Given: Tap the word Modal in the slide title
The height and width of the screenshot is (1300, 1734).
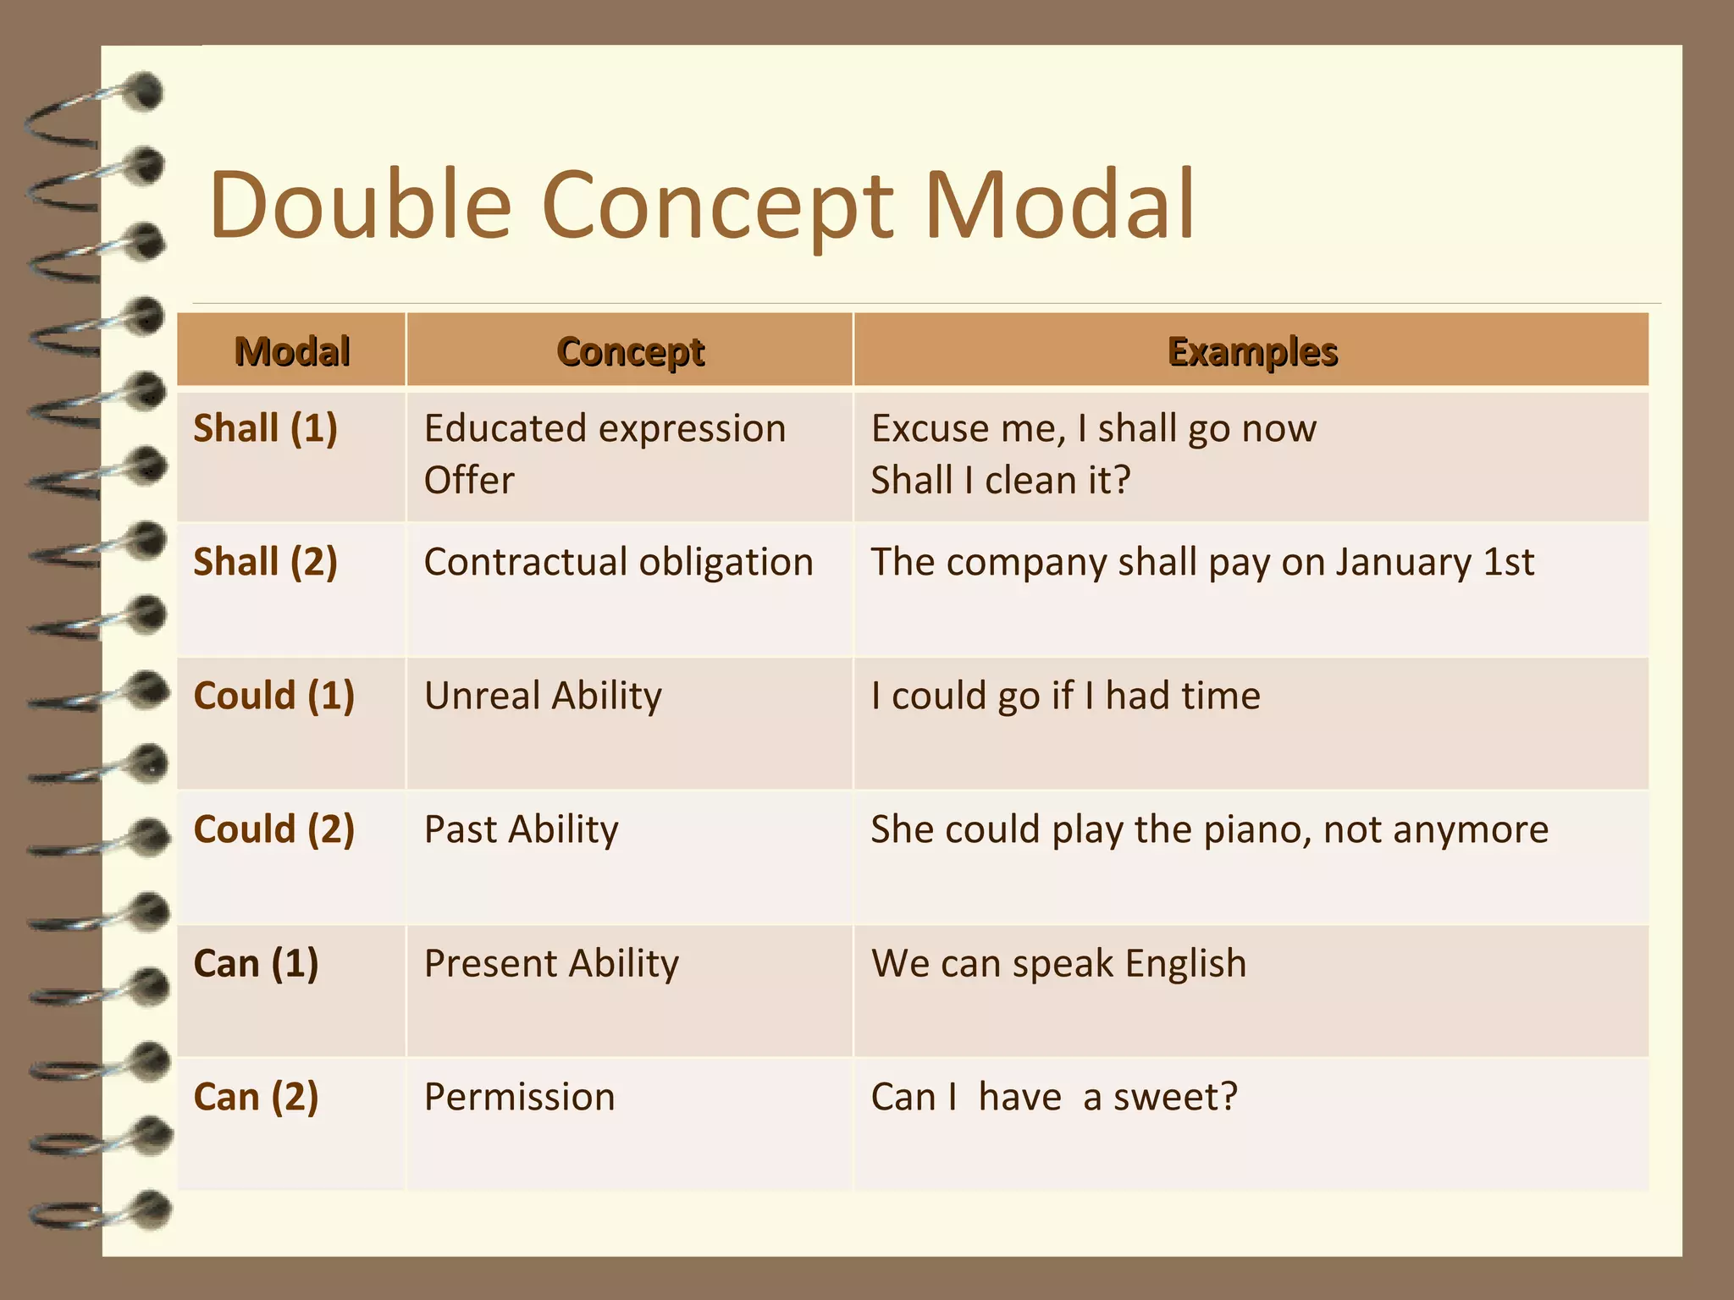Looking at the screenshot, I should click(x=1058, y=205).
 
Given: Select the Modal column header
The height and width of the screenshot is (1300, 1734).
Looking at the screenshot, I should click(x=292, y=351).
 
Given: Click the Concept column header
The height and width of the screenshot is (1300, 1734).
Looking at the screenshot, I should click(x=631, y=351).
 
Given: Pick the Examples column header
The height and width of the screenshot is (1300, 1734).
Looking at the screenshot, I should click(x=1252, y=351).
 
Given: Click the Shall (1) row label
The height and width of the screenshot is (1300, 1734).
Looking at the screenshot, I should click(x=265, y=428).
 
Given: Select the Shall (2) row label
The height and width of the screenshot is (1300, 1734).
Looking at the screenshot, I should click(x=265, y=562).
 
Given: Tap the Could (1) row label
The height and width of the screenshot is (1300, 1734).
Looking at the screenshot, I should click(x=273, y=696).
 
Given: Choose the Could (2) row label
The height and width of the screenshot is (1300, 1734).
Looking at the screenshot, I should click(x=273, y=829).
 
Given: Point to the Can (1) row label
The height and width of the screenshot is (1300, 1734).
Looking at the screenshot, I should click(x=256, y=963).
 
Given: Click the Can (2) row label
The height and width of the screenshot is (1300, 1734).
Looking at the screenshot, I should click(x=256, y=1097).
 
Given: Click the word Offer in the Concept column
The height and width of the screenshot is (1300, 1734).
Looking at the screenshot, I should click(x=469, y=481).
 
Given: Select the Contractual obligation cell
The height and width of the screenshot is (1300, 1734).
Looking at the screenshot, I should click(x=618, y=562).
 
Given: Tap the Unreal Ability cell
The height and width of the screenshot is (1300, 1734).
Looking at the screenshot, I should click(x=543, y=696).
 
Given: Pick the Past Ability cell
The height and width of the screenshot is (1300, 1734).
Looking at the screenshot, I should click(x=521, y=829).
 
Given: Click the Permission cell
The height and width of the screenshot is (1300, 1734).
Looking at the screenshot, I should click(x=519, y=1097).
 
